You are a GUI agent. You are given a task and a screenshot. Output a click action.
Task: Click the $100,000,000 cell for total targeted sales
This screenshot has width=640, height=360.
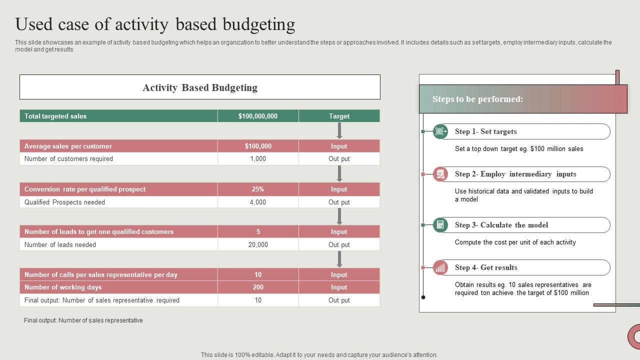[x=258, y=116]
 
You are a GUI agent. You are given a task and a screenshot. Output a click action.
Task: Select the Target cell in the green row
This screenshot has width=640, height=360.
[x=339, y=116]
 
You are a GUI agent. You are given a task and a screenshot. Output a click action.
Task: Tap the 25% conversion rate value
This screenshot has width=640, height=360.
[x=258, y=189]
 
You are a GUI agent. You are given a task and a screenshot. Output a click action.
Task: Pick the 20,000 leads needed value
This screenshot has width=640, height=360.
[x=258, y=244]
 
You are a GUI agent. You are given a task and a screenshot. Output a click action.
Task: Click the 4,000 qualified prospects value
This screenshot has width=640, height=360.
[x=258, y=202]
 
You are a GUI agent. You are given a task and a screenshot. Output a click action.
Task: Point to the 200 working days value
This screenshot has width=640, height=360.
[x=258, y=287]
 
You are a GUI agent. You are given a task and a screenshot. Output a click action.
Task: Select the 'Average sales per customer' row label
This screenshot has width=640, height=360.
[x=68, y=146]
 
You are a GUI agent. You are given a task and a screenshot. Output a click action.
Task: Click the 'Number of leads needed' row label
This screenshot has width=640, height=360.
[x=60, y=244]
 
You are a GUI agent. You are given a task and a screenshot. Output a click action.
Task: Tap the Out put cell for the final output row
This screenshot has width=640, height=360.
[x=339, y=300]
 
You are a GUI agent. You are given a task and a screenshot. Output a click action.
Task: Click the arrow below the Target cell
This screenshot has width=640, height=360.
[x=339, y=130]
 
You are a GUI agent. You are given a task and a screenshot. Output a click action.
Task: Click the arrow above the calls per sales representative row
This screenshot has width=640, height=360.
[x=339, y=259]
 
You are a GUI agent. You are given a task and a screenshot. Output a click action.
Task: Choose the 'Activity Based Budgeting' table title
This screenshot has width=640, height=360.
[x=200, y=87]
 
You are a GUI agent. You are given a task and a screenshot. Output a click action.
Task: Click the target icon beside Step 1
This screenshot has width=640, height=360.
[x=440, y=131]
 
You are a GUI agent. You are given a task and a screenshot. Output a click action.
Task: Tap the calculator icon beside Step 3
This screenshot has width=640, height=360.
[x=440, y=225]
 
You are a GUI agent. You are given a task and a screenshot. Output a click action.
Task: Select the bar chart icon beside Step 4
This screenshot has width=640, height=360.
[x=440, y=267]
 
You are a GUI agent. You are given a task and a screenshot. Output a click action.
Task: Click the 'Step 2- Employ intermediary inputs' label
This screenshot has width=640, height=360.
[x=515, y=174]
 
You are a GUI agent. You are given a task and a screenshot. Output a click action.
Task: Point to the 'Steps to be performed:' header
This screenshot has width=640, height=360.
[x=477, y=99]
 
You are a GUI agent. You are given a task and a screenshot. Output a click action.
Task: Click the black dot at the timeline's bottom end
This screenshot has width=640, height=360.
[x=423, y=297]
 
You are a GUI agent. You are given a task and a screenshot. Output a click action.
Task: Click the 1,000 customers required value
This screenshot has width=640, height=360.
[x=258, y=158]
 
